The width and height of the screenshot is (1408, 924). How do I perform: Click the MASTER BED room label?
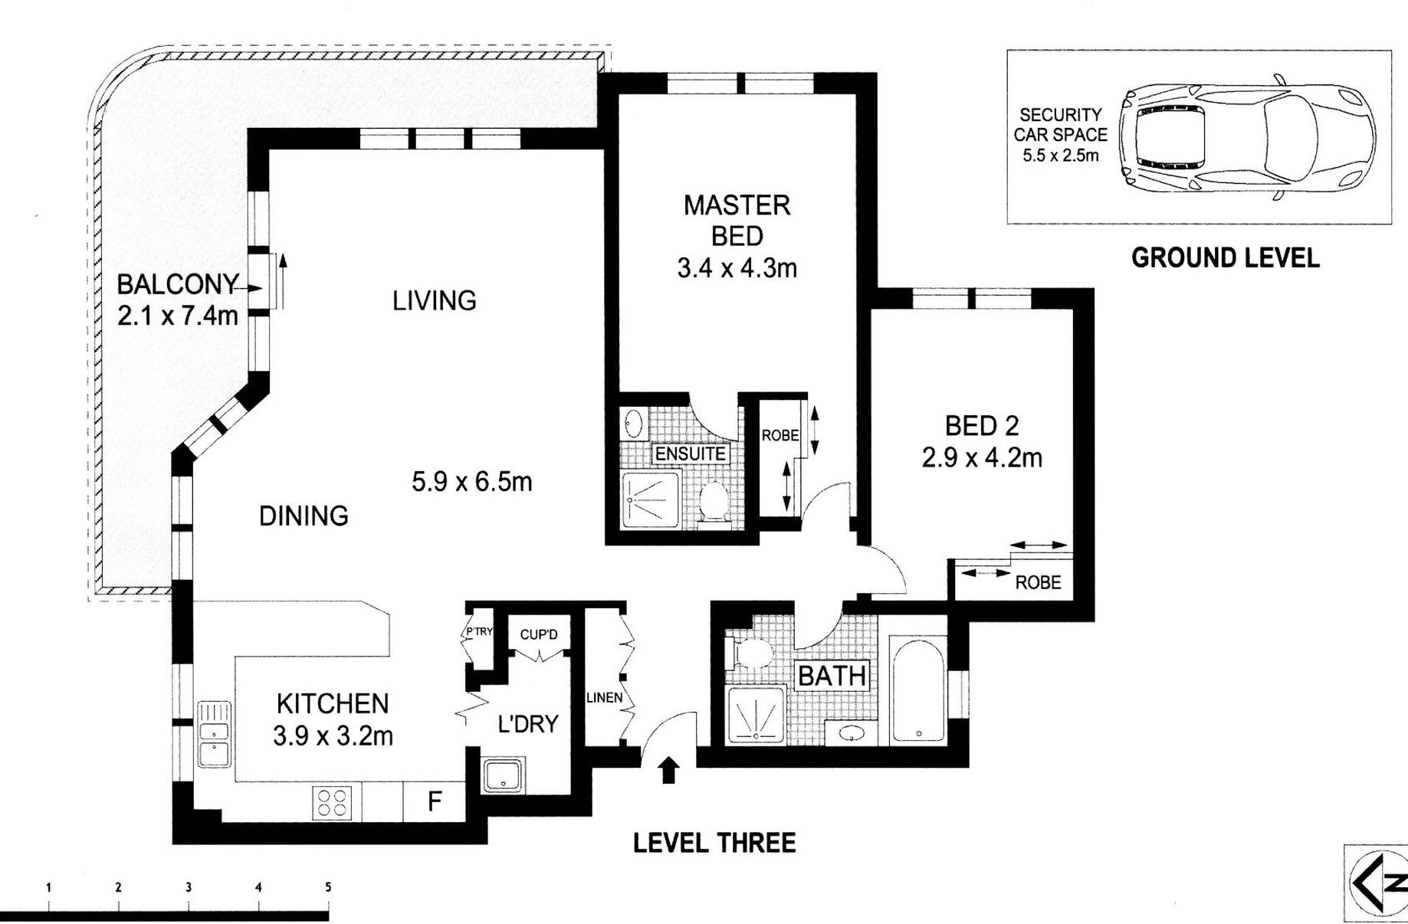[737, 221]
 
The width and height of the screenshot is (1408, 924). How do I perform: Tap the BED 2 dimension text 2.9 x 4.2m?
[982, 458]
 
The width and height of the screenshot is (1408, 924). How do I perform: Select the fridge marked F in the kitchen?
[435, 801]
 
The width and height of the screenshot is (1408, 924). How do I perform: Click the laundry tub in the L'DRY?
[504, 775]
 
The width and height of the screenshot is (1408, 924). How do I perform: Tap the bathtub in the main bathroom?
[918, 689]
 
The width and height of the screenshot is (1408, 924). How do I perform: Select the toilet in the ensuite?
[714, 501]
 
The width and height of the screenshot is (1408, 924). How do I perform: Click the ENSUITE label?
[690, 454]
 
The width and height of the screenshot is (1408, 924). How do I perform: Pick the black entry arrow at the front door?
[669, 769]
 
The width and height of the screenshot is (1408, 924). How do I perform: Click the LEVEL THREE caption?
[714, 844]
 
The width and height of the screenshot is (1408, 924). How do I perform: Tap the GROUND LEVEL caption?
[1225, 258]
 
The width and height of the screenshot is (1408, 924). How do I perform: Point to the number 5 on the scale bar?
[328, 887]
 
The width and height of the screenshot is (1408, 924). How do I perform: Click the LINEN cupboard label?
[604, 698]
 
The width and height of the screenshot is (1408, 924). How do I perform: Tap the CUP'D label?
[539, 634]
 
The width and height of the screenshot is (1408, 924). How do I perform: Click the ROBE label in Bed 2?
[1038, 582]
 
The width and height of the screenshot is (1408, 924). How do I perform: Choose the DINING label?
[304, 516]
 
